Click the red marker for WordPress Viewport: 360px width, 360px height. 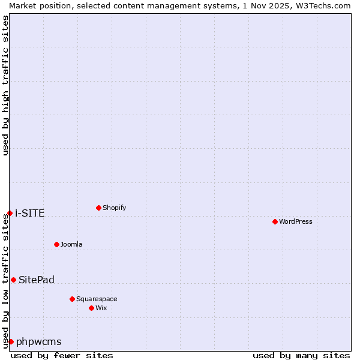point(275,221)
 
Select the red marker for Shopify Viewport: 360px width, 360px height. point(98,208)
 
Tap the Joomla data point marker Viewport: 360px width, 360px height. point(56,244)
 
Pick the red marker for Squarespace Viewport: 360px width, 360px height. point(72,299)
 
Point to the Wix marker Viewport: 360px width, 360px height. point(91,308)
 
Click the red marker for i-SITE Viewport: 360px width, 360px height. point(10,213)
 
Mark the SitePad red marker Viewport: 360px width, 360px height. point(13,280)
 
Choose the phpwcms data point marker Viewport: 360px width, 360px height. point(11,341)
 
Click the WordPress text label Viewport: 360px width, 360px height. point(296,221)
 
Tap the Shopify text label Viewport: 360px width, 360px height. point(115,208)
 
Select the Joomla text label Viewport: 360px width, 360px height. point(71,244)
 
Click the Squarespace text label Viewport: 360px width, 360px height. point(97,299)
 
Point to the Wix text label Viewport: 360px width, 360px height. point(101,308)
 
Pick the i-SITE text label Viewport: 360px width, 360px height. point(30,213)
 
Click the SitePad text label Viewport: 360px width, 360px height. point(37,280)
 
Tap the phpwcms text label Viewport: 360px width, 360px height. point(39,341)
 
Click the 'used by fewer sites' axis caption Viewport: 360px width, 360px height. point(62,355)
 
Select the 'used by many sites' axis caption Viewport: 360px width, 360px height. point(301,355)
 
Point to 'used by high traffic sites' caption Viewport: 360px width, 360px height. point(5,85)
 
